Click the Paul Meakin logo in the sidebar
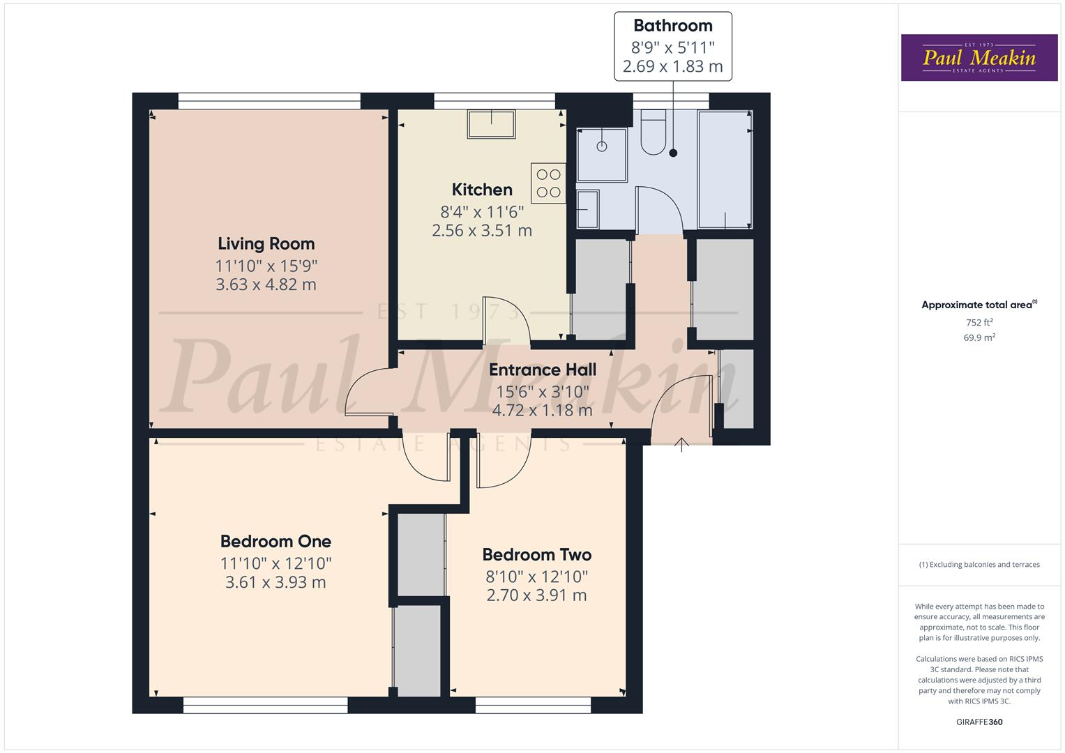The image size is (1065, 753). click(979, 58)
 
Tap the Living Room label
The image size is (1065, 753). click(266, 243)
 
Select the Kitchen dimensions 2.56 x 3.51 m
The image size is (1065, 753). click(481, 230)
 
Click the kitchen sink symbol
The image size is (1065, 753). click(491, 124)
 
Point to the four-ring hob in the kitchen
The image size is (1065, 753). click(548, 183)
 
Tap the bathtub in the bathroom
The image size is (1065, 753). click(725, 169)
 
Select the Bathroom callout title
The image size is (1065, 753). click(672, 26)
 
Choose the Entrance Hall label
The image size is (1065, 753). click(542, 370)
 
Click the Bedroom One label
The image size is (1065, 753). click(275, 541)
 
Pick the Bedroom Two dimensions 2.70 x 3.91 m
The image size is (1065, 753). click(536, 595)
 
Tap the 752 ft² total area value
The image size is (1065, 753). click(979, 323)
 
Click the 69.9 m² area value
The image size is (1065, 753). click(979, 337)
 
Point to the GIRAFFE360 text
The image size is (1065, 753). click(979, 722)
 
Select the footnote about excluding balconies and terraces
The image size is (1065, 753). click(979, 565)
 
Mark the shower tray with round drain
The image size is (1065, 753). click(602, 146)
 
